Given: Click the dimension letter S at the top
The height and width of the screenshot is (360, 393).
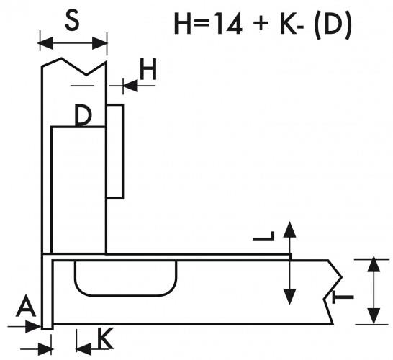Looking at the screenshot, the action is click(x=73, y=21).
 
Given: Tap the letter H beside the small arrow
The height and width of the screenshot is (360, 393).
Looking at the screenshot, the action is click(x=148, y=69).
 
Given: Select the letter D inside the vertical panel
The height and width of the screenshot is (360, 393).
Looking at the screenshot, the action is click(x=83, y=115).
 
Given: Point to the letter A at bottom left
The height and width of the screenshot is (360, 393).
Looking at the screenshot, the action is click(x=26, y=305).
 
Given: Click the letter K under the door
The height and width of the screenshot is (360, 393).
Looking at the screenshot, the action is click(x=105, y=338).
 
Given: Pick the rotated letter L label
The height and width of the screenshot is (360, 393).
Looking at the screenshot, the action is click(x=263, y=236).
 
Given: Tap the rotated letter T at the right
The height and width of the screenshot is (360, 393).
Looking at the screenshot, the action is click(x=343, y=297).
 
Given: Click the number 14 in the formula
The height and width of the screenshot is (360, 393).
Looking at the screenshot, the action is click(x=229, y=24).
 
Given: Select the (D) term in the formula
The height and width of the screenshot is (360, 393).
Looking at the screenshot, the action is click(x=333, y=24).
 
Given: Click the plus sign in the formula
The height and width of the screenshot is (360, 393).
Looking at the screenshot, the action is click(x=261, y=24).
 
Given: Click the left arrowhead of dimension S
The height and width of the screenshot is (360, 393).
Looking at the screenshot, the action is click(x=46, y=43).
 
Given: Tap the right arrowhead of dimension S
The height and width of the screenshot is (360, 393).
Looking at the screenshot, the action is click(x=100, y=43).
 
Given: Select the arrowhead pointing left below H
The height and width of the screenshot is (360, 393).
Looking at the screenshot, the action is click(x=130, y=86).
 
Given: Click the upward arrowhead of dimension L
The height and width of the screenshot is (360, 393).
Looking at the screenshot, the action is click(x=290, y=230).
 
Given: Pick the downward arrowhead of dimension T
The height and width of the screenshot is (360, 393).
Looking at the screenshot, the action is click(x=374, y=316).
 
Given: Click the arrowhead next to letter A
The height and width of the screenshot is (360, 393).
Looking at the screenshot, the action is click(x=34, y=326).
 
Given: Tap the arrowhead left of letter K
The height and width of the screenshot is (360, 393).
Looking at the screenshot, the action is click(x=83, y=348).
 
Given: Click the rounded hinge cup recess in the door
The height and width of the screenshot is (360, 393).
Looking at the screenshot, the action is click(x=125, y=278).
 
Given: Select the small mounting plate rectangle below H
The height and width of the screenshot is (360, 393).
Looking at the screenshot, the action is click(x=115, y=151).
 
